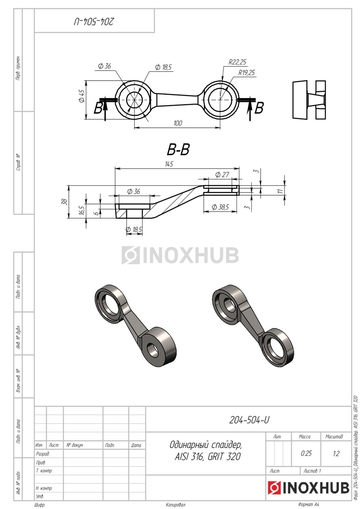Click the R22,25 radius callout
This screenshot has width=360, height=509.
[237, 62]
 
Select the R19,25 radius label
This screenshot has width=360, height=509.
[247, 73]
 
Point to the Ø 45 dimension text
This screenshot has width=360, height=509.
[82, 95]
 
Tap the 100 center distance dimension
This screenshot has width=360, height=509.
[177, 123]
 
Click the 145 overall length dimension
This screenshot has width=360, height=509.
[169, 164]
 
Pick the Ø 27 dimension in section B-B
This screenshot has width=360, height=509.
[222, 175]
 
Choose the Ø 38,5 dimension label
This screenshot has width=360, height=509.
[220, 207]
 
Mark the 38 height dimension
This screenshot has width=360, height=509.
[65, 201]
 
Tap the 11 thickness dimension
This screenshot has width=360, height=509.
[281, 190]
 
